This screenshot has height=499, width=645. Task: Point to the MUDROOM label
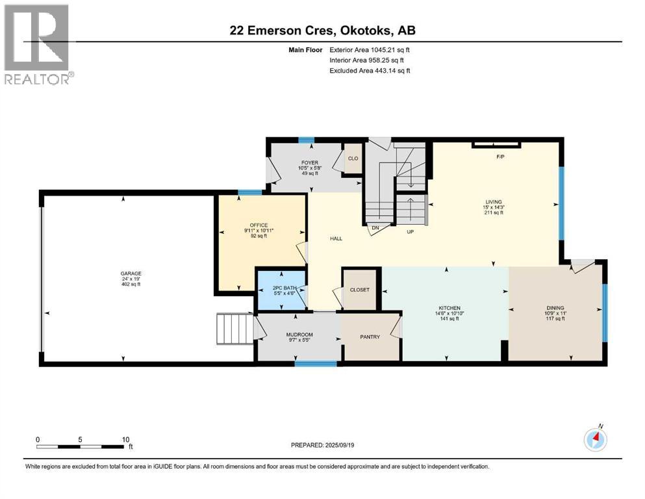(x=299, y=335)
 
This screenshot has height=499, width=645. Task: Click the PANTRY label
(x=370, y=337)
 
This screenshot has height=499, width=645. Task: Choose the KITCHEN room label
(x=449, y=307)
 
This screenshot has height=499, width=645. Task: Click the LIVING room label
(x=494, y=201)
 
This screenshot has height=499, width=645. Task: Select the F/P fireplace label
(x=500, y=157)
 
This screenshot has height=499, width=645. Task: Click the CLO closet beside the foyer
(x=353, y=159)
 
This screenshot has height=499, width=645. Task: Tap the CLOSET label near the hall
(x=359, y=290)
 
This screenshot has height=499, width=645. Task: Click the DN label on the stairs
(x=375, y=228)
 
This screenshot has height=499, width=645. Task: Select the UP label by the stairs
(x=411, y=232)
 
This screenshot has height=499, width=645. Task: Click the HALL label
(x=336, y=238)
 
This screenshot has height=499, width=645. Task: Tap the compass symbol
(x=594, y=440)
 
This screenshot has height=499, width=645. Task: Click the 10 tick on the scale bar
(x=126, y=439)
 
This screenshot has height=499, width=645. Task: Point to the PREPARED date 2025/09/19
(x=323, y=445)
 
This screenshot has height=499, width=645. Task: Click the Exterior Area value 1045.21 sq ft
(x=370, y=49)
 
